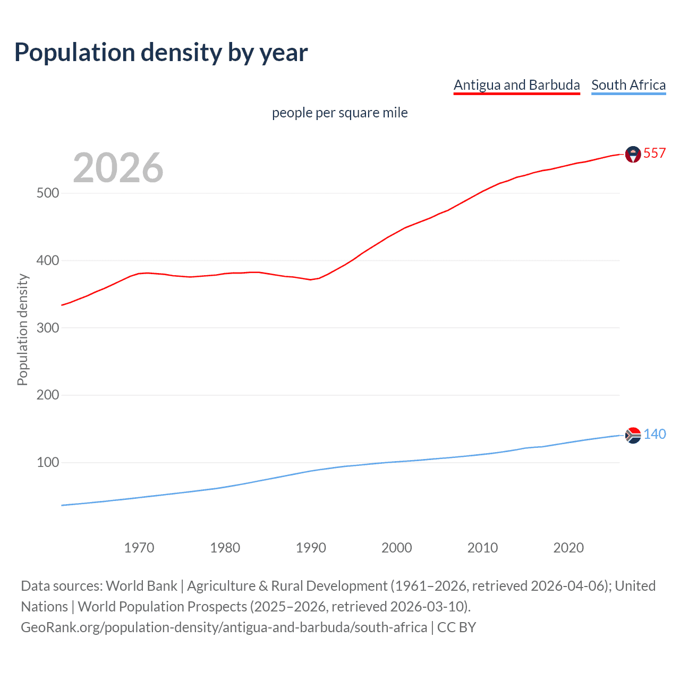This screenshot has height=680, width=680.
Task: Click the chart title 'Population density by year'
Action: point(161,53)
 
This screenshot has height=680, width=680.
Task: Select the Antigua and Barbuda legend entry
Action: point(516,85)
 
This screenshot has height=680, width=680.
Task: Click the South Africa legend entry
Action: point(628,85)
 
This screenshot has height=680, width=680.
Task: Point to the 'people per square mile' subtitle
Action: point(339,113)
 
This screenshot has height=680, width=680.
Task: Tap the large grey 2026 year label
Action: point(118,168)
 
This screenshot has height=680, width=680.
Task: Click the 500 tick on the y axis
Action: point(48,193)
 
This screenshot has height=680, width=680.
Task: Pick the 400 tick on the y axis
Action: point(48,260)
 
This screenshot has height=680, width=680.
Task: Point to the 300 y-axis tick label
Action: point(48,328)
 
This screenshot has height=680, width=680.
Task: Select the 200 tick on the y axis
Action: point(48,395)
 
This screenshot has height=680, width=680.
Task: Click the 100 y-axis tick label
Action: point(48,463)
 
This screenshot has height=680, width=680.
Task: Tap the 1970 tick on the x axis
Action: point(139,548)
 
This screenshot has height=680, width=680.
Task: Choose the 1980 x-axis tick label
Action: point(225,548)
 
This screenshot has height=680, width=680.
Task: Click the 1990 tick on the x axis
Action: point(311,548)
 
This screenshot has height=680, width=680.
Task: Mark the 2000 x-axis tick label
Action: point(397,548)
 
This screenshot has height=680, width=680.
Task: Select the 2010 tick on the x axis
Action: point(482,548)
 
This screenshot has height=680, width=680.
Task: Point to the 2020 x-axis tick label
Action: point(568,548)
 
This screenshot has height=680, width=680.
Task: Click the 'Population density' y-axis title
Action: point(22,329)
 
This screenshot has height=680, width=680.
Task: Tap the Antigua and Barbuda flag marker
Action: point(633,154)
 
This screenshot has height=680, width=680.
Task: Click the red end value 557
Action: point(654,154)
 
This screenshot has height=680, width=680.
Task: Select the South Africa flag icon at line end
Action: point(633,435)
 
